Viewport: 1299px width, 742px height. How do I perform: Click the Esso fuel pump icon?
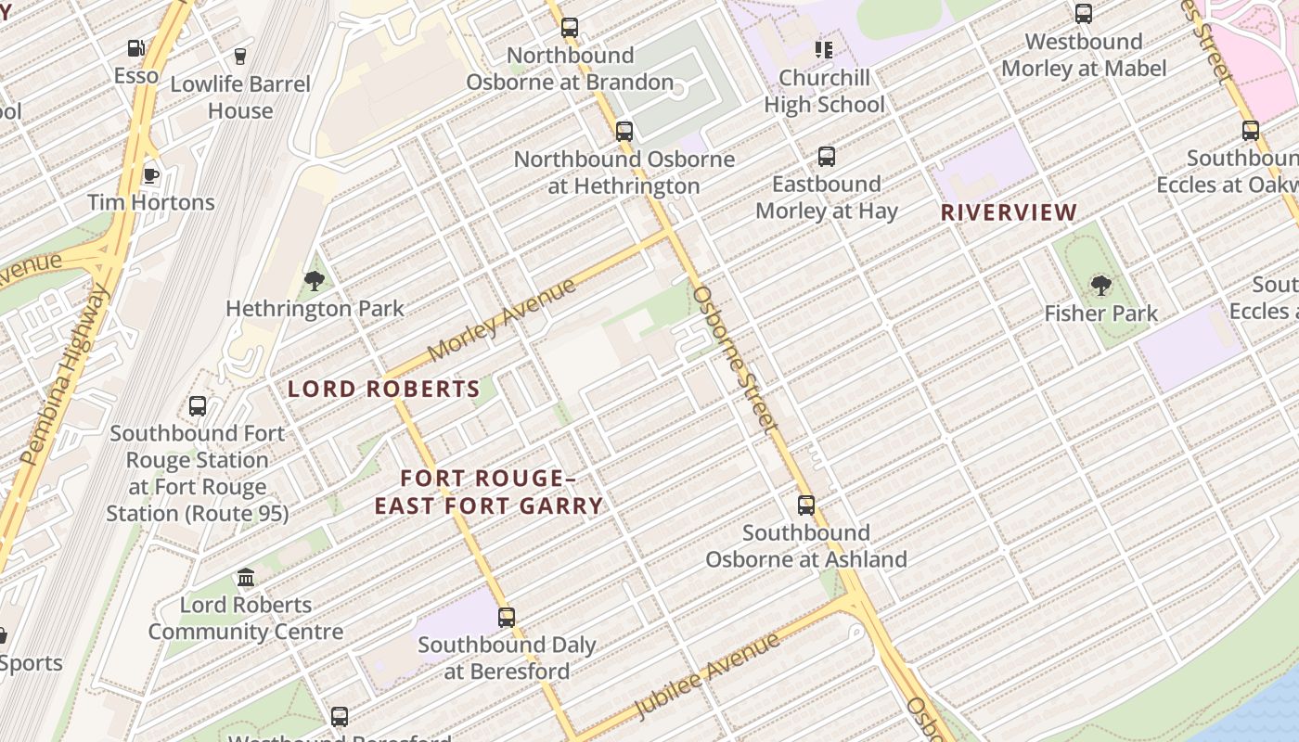tap(135, 48)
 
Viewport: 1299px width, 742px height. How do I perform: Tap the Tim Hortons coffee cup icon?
tap(150, 175)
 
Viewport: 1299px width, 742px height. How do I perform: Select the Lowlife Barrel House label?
tap(240, 96)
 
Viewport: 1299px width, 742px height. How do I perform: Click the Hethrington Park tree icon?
tap(315, 280)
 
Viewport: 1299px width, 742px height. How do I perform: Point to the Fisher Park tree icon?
tap(1100, 285)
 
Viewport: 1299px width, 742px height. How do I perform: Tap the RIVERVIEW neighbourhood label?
tap(1009, 212)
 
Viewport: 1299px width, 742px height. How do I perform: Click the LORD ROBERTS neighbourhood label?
tap(383, 389)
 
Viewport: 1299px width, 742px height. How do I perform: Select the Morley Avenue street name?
tap(502, 320)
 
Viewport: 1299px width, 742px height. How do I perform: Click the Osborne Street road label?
tap(733, 359)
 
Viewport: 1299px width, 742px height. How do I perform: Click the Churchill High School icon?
tap(823, 49)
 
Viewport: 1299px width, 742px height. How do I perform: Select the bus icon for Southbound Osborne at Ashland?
tap(806, 505)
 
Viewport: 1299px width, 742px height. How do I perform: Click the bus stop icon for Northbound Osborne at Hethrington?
tap(624, 132)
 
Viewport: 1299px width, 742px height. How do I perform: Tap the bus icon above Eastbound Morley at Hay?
tap(826, 157)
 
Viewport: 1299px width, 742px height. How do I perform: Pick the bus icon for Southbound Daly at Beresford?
tap(507, 617)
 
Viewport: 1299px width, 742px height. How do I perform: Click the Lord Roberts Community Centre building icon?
tap(246, 578)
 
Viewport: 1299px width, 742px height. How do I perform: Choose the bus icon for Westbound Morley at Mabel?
tap(1083, 14)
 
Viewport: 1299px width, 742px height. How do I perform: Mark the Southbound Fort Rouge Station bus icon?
tap(198, 405)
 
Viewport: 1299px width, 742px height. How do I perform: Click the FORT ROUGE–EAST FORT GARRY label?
tap(489, 492)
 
